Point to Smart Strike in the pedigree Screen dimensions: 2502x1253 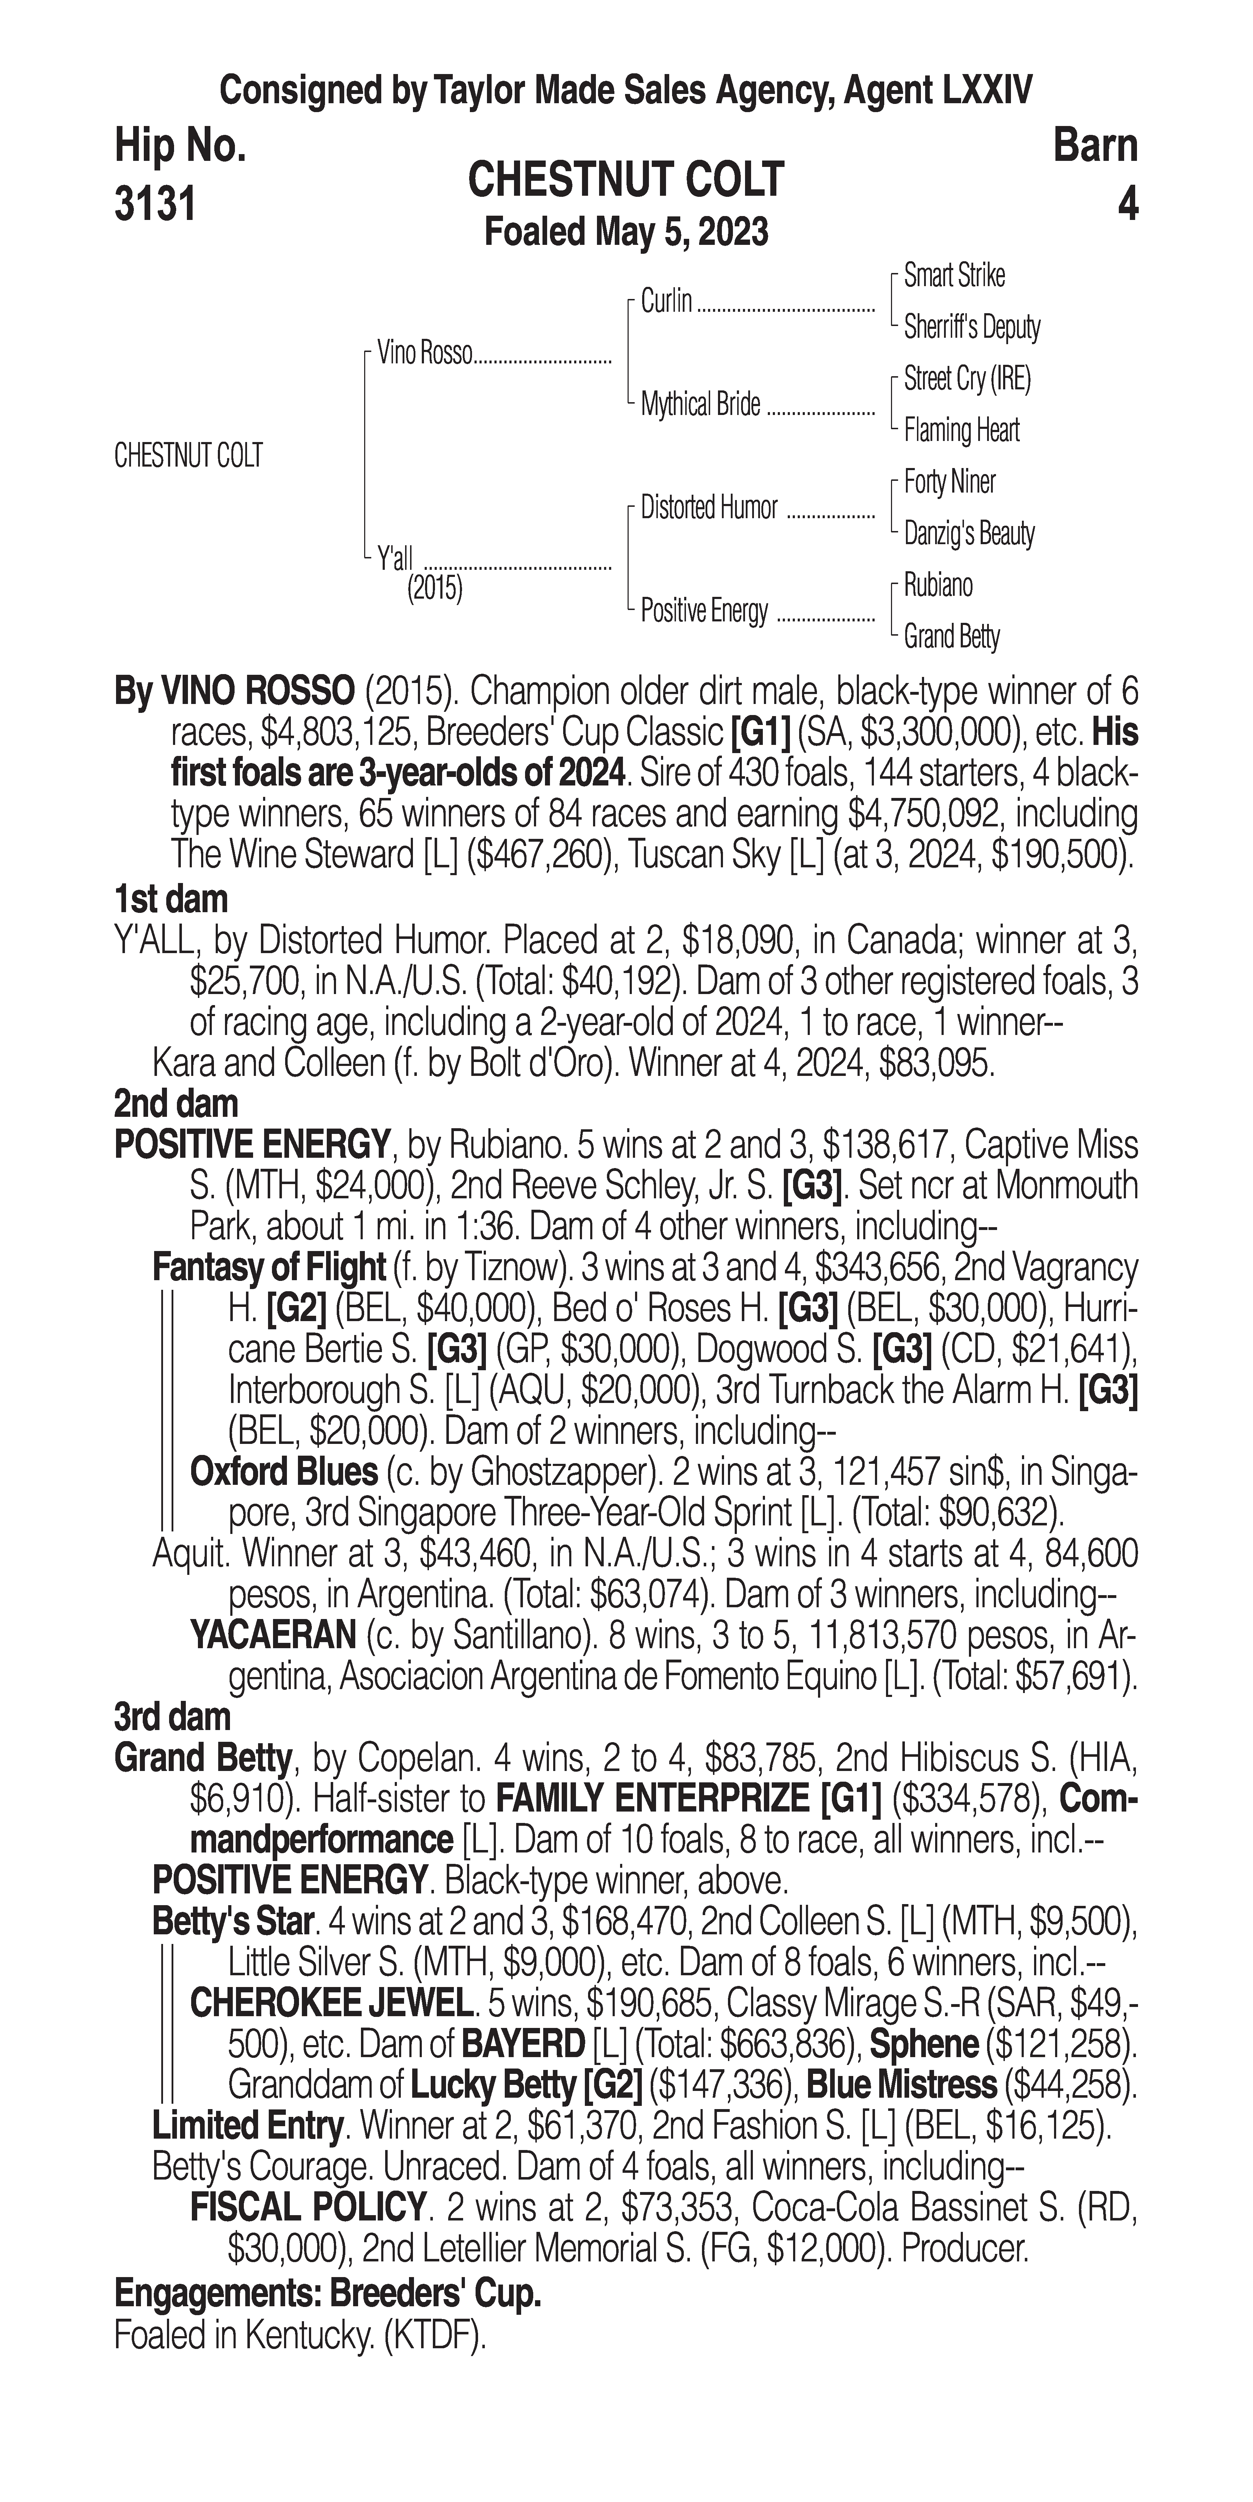tap(954, 276)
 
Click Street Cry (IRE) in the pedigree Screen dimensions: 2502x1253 tap(966, 379)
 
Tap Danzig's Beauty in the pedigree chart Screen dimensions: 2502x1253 tap(968, 533)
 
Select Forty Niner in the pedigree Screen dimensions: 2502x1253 tap(949, 482)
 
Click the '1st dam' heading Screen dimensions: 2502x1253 tap(171, 899)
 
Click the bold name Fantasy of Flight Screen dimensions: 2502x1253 tap(269, 1267)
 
